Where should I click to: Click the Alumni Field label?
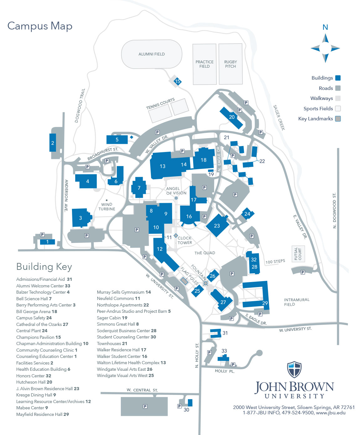tap(152, 54)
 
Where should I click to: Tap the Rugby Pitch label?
tap(230, 64)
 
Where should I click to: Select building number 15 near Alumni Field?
tap(177, 81)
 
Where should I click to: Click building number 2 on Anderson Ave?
tap(53, 143)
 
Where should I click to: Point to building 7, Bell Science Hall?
tap(139, 188)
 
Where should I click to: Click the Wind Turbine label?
tap(107, 207)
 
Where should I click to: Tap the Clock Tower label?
tap(185, 240)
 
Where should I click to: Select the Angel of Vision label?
tap(176, 191)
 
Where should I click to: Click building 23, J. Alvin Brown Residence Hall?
tap(217, 226)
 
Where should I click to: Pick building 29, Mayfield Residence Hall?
tap(265, 303)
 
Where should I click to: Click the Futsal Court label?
tap(298, 254)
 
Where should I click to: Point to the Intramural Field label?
tap(296, 302)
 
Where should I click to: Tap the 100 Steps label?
tap(275, 261)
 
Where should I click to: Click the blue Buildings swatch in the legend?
tap(338, 78)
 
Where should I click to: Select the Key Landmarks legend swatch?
tap(338, 119)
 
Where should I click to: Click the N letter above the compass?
tap(325, 27)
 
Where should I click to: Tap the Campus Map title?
tap(40, 26)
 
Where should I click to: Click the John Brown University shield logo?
tap(294, 370)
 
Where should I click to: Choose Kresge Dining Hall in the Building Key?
tap(36, 395)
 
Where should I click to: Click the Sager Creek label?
tap(279, 118)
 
